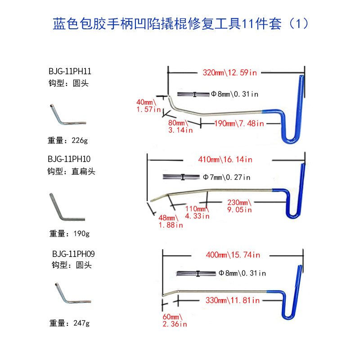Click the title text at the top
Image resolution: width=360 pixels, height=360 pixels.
[180, 23]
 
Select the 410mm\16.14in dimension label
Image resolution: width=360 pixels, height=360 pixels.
[225, 159]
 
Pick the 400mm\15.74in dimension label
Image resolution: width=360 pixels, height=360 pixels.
[233, 255]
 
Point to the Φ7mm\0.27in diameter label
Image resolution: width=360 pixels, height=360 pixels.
[226, 177]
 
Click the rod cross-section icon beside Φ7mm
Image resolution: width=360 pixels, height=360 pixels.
[183, 177]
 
